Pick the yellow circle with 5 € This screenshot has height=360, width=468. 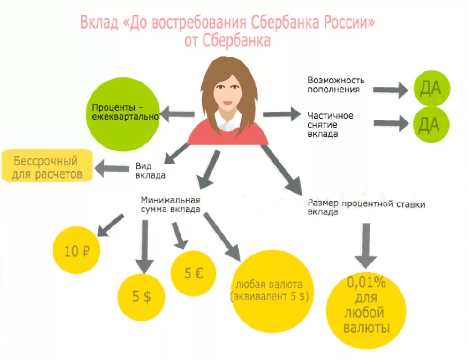click(193, 273)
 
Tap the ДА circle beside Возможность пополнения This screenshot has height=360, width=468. click(430, 88)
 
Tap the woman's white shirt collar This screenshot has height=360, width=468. click(228, 125)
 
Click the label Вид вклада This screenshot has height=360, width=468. click(150, 171)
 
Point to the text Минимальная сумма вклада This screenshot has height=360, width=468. click(171, 205)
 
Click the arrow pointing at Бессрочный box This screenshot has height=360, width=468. click(111, 167)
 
